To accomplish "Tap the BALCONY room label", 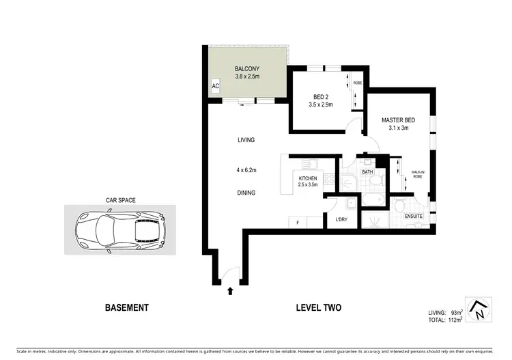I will [x=246, y=68].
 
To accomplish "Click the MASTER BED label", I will [x=398, y=121].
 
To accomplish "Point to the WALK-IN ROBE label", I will [x=417, y=175].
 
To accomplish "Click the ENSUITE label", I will [x=414, y=217].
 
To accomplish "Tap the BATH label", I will [x=367, y=172].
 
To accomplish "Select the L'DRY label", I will [x=341, y=220].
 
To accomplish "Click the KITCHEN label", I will [x=308, y=178].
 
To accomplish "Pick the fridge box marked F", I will [x=298, y=221].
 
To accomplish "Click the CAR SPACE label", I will [x=120, y=200].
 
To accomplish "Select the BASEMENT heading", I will [x=126, y=308].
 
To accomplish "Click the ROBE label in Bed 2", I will [x=356, y=83].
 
